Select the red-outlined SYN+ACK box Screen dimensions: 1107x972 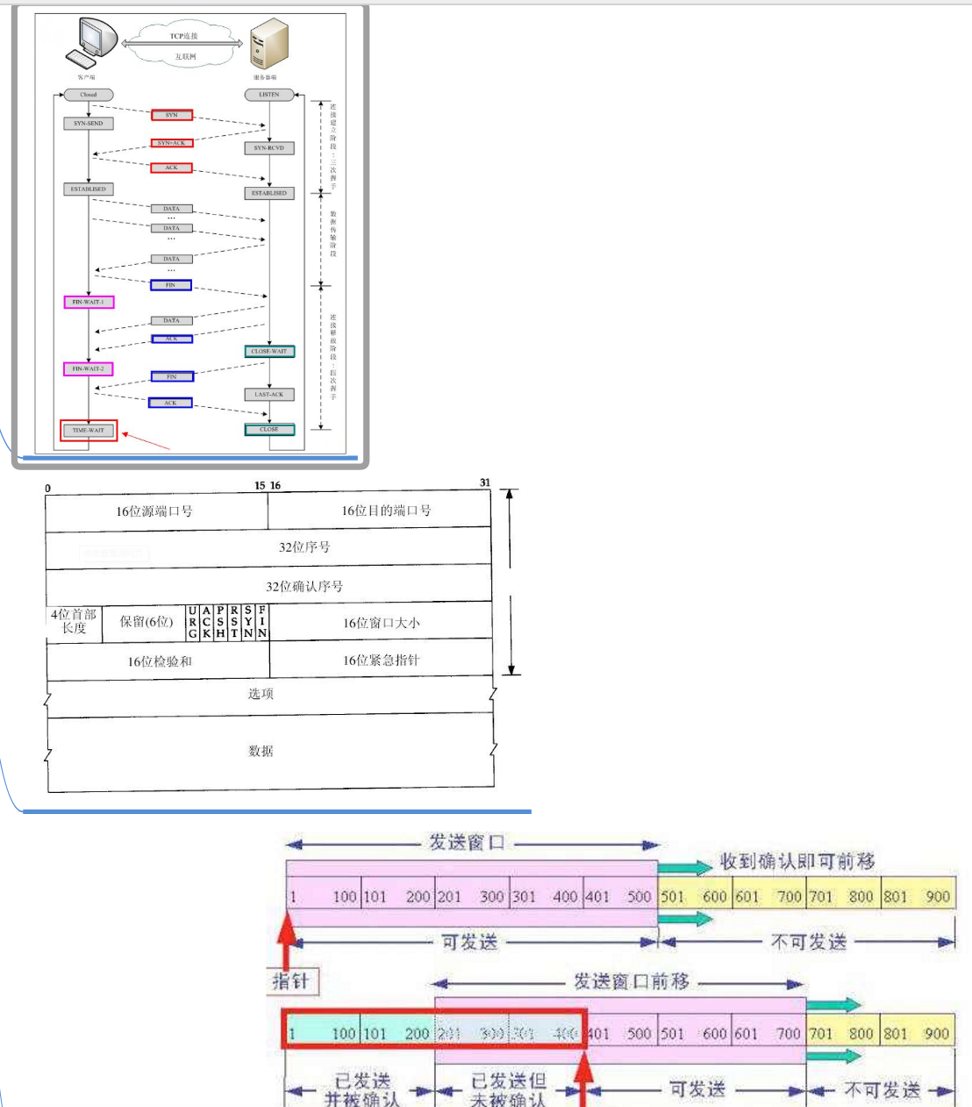tap(171, 143)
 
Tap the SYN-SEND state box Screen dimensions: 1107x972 tap(88, 124)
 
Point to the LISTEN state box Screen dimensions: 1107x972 tap(268, 94)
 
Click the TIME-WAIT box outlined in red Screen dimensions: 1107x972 tap(88, 431)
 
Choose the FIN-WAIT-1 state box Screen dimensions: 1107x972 tap(88, 302)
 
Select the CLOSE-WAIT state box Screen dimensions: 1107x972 tap(269, 352)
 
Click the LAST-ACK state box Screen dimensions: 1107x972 tap(269, 395)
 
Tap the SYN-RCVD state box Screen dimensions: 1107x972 tap(269, 148)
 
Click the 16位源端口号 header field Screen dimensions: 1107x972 tap(155, 511)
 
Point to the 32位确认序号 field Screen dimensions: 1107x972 tap(304, 586)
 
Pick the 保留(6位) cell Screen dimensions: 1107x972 tap(147, 622)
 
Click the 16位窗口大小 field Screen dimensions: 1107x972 tap(381, 623)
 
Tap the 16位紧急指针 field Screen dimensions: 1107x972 tap(381, 660)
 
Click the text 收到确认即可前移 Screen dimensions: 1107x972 tap(797, 862)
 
